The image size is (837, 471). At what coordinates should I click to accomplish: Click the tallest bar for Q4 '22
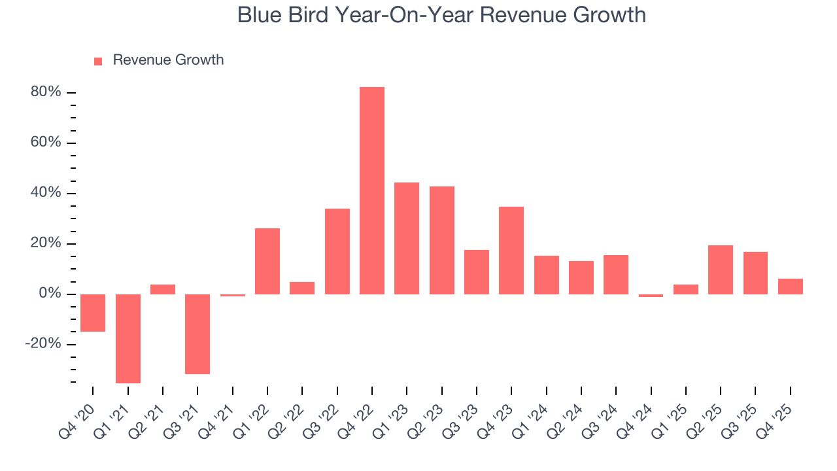pos(372,190)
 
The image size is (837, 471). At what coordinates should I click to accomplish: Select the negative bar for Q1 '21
pos(128,338)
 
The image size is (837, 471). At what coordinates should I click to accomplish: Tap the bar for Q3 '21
pos(197,334)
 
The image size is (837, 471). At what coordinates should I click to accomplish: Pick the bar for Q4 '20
pos(93,313)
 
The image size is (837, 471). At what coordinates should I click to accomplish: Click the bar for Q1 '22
pos(267,261)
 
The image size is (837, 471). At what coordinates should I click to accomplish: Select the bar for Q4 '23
pos(511,251)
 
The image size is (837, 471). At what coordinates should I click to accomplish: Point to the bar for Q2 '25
pos(721,270)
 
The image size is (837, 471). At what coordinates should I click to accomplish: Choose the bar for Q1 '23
pos(407,238)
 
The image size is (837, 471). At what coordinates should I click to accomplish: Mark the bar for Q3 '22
pos(337,251)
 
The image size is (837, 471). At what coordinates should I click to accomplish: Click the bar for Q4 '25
pos(791,287)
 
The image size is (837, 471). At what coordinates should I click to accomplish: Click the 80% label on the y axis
pos(46,92)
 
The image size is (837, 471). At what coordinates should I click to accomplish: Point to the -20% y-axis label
pos(43,344)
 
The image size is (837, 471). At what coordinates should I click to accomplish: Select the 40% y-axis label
pos(46,193)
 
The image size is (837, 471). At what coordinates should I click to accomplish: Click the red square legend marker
pos(98,61)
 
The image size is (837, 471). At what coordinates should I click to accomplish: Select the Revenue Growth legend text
pos(168,60)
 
